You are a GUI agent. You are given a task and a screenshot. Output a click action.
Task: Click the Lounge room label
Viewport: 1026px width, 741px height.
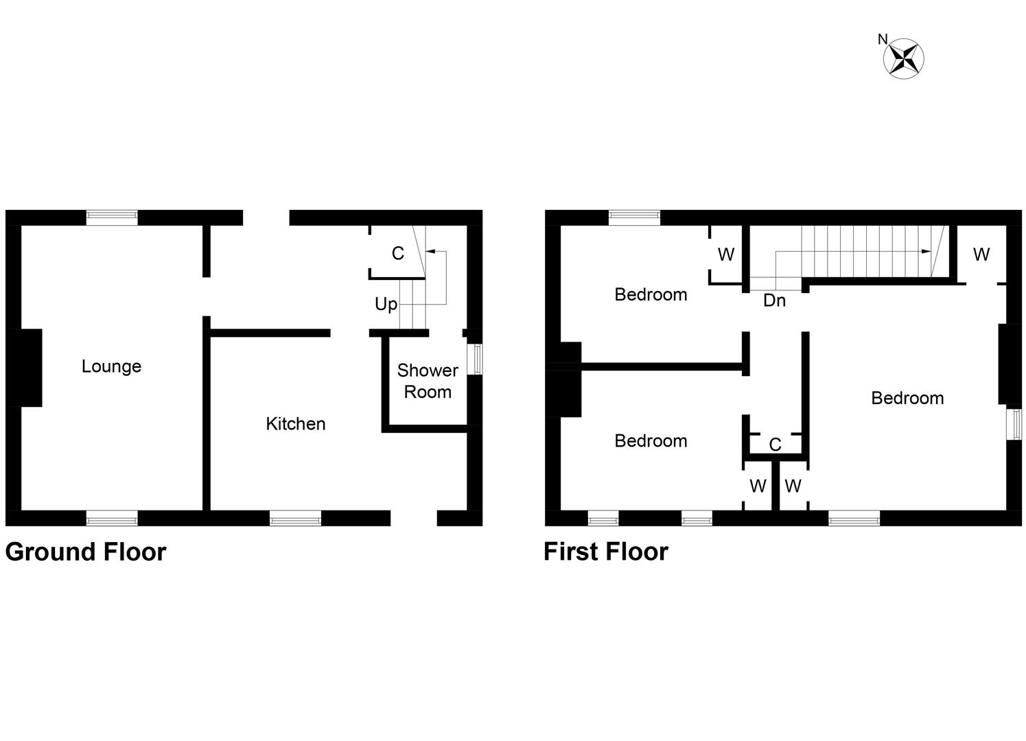point(111,366)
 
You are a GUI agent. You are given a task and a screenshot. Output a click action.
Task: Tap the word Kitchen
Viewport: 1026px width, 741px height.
point(295,424)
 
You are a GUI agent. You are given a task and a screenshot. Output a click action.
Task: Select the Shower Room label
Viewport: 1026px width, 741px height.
point(428,381)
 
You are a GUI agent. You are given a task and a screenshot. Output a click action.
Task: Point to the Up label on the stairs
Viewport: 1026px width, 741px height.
point(386,304)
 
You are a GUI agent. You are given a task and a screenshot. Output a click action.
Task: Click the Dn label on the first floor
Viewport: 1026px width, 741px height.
point(774,301)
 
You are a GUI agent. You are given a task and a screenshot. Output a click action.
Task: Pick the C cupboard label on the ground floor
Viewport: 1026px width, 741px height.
point(397,254)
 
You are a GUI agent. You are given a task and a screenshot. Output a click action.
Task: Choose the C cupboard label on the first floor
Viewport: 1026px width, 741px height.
point(775,445)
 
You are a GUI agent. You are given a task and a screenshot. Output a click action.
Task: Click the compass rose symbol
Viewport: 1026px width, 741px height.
point(904,58)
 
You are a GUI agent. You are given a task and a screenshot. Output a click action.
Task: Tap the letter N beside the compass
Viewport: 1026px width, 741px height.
point(883,40)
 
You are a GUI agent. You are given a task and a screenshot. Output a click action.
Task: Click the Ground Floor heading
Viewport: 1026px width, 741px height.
point(86,552)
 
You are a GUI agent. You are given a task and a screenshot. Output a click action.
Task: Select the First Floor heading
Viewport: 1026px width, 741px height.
point(605,552)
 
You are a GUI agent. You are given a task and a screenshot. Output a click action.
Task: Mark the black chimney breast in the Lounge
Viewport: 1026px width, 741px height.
point(27,368)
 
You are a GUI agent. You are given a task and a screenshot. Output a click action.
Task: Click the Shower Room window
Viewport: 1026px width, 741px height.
point(474,360)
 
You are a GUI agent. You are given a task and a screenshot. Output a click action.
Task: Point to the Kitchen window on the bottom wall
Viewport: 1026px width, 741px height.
point(295,518)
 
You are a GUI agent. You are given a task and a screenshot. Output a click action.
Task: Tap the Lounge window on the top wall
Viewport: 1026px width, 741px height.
point(112,217)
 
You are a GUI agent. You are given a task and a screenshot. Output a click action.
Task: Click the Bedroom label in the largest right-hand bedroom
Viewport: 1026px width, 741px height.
point(907,399)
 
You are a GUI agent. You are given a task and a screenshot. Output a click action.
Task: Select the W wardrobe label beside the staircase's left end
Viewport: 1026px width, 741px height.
point(725,255)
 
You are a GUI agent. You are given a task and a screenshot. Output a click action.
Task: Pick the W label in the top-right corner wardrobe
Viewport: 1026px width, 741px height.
point(981,255)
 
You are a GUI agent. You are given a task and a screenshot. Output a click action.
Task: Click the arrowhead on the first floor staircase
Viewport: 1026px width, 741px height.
point(926,252)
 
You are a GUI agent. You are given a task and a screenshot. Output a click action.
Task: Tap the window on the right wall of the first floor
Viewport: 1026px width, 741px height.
point(1014,424)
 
